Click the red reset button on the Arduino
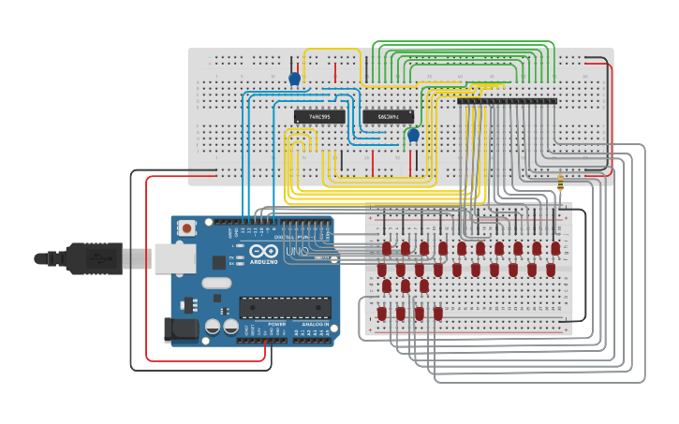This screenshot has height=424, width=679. (187, 227)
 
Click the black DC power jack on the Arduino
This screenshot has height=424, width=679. (180, 329)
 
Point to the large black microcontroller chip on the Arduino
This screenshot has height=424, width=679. (285, 308)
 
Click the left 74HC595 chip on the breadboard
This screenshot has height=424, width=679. (318, 117)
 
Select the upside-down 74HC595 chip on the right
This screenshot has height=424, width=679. (388, 117)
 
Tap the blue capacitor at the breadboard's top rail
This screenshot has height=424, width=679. (295, 79)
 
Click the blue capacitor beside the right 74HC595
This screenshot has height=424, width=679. (413, 135)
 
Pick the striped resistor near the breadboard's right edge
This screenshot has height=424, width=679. (559, 183)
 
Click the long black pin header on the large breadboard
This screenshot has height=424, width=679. (507, 100)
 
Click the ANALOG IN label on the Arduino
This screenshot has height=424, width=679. (312, 323)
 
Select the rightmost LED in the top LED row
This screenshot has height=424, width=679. (555, 249)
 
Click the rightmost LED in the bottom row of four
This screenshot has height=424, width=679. (438, 314)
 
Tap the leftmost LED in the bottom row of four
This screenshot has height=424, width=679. (382, 314)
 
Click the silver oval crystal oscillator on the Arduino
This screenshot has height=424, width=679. (215, 283)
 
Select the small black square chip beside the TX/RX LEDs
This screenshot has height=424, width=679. (219, 262)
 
